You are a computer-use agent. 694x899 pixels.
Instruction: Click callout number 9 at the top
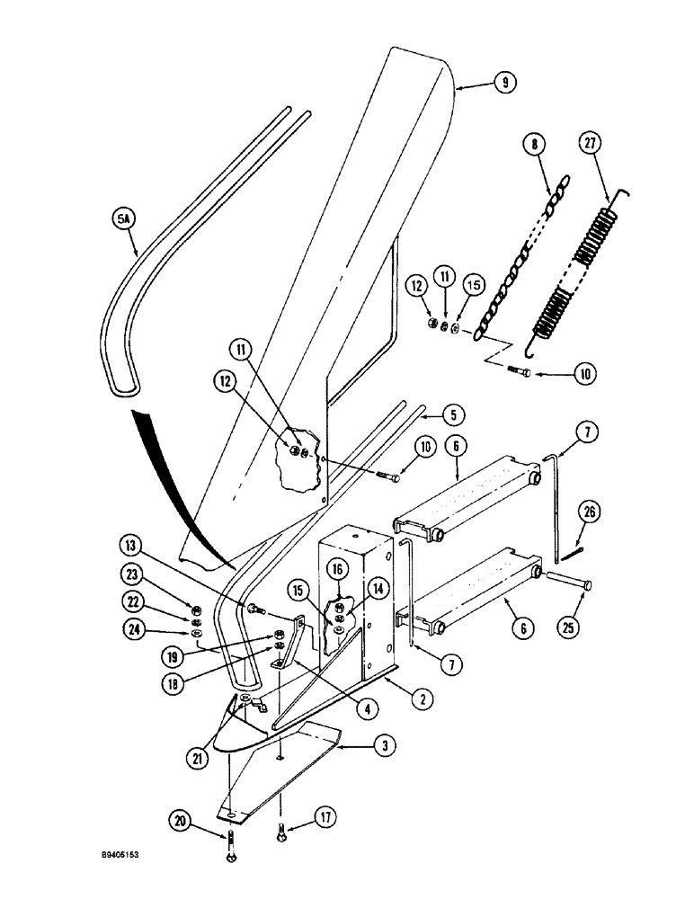pos(505,83)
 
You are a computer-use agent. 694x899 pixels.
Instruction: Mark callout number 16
pos(337,569)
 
